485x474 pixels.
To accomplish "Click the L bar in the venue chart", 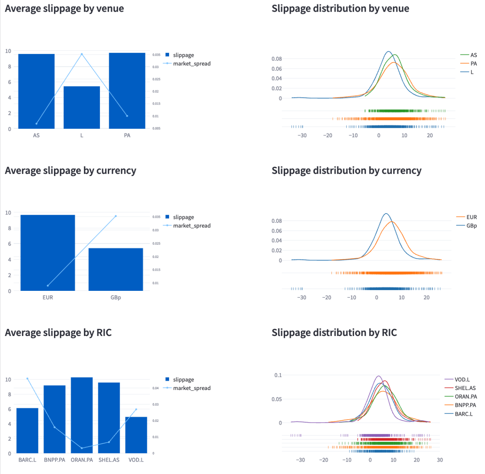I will click(x=82, y=108).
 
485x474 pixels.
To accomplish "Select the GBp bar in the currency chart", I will click(x=115, y=269).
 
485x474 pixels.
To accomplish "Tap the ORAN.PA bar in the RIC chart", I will click(x=82, y=415).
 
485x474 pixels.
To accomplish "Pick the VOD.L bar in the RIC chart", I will click(x=136, y=435).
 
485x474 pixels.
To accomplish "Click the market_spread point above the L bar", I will click(x=82, y=54).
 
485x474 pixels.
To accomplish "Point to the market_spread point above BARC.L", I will click(x=27, y=378).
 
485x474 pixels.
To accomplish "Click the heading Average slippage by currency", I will click(x=70, y=171).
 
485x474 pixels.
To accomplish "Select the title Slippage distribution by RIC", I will click(x=334, y=333).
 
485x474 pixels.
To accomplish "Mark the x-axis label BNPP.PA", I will click(x=54, y=460).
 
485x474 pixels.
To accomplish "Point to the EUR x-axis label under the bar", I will click(x=48, y=297).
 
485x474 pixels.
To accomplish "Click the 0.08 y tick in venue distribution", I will click(x=277, y=59).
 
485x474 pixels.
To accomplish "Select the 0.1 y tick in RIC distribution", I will click(x=278, y=375).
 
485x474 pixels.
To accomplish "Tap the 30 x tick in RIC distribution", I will click(x=440, y=460).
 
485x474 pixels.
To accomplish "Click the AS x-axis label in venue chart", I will click(x=36, y=135).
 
